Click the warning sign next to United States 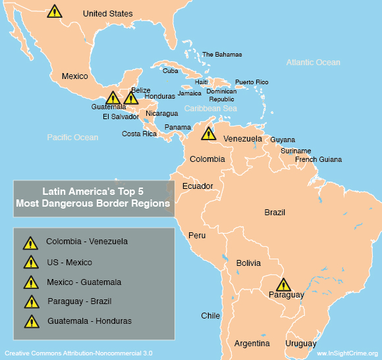point(55,11)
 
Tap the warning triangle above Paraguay point(283,285)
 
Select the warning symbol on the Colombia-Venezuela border point(208,134)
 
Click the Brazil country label point(275,213)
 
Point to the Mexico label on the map point(74,76)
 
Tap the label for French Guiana point(318,159)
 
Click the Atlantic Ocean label point(313,63)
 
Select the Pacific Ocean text point(72,138)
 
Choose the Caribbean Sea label point(210,108)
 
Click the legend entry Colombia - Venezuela point(87,242)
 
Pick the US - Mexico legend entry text point(69,262)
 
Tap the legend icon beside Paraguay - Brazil point(30,303)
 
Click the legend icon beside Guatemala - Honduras point(30,322)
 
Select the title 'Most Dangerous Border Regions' point(93,204)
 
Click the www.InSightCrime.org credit point(346,353)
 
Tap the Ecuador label point(198,186)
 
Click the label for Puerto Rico point(252,82)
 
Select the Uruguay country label point(301,344)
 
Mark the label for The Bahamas point(222,55)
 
